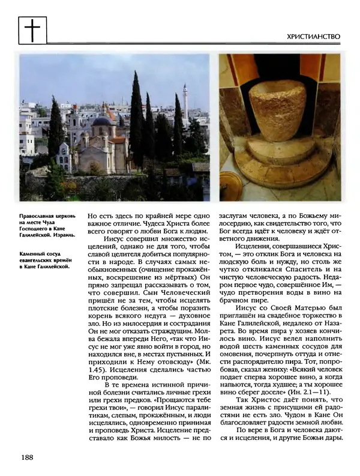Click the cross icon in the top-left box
point(33,29)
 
